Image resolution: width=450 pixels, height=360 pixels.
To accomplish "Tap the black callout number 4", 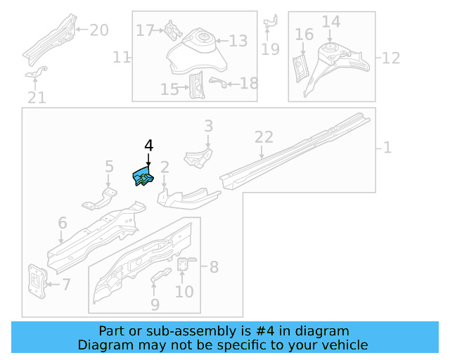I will tap(148, 146).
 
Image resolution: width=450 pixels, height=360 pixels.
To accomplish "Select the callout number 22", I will tap(263, 137).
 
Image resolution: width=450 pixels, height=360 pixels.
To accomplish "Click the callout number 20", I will tap(99, 30).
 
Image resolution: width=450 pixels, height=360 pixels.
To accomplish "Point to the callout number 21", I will tap(37, 98).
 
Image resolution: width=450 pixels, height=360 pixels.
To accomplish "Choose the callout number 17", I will tap(145, 30).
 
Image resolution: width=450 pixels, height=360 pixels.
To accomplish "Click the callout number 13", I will tap(238, 41).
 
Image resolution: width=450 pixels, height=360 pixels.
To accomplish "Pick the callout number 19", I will tap(270, 49).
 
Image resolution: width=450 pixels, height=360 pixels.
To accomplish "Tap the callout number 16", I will tap(304, 34).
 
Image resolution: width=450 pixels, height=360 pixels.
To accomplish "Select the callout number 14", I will tap(330, 22).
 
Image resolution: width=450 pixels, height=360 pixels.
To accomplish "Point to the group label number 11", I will tap(122, 57).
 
